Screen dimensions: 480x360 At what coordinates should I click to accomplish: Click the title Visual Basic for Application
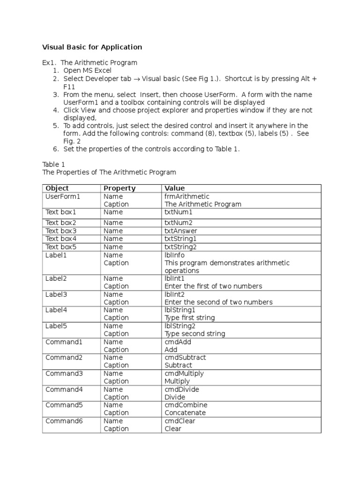(92, 47)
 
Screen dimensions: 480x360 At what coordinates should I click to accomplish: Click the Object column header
(57, 188)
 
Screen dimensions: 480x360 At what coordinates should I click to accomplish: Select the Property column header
(120, 188)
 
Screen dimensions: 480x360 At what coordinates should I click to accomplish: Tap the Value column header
(174, 188)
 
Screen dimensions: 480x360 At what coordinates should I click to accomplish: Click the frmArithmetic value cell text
(187, 196)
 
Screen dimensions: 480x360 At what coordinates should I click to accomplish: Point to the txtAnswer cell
(180, 231)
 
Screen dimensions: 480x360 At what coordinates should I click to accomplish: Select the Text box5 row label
(60, 247)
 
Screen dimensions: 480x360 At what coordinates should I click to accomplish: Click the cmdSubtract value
(185, 357)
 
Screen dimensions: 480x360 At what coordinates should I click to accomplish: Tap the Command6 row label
(64, 421)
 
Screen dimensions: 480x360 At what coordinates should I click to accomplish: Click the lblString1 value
(180, 310)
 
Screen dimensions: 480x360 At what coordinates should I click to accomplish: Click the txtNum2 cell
(179, 223)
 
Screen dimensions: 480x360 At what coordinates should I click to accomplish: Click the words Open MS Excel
(88, 71)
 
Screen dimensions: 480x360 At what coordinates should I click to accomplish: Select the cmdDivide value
(182, 389)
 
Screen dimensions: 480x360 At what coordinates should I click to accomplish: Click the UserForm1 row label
(63, 196)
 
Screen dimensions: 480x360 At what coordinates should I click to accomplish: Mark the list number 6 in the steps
(55, 149)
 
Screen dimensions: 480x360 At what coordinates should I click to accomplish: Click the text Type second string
(195, 334)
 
